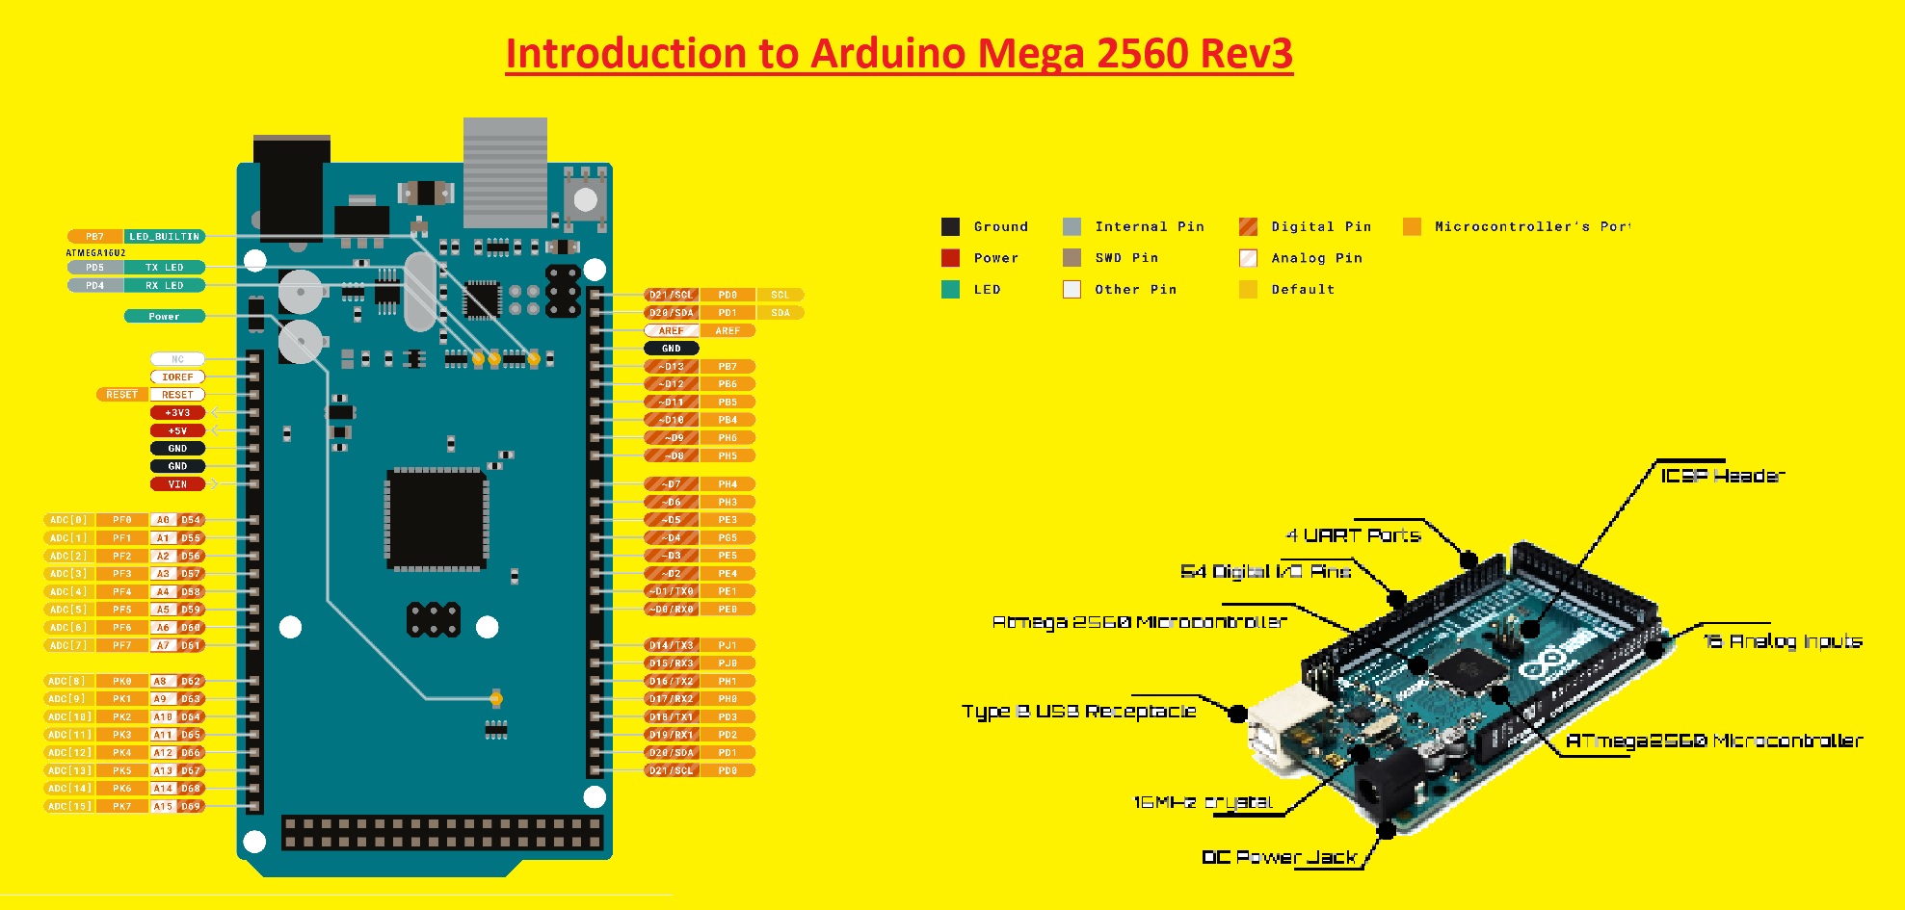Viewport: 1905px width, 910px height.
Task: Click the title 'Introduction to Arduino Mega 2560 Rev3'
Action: (x=899, y=54)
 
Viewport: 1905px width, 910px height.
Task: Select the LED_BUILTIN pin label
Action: (x=164, y=236)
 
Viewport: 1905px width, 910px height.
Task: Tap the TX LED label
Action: (x=164, y=268)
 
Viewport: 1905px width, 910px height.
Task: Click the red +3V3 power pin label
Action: (x=177, y=412)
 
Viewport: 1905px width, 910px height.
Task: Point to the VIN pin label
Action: (x=177, y=484)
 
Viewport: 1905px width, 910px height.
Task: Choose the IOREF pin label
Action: (x=177, y=377)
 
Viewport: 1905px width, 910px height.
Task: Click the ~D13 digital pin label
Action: (x=671, y=366)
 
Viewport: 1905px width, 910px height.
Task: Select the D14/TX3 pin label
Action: (x=671, y=645)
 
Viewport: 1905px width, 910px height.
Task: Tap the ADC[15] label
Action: (x=69, y=806)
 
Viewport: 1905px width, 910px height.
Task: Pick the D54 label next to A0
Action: (x=191, y=520)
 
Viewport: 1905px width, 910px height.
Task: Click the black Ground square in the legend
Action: (x=950, y=227)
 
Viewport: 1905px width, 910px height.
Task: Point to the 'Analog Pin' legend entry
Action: (x=1315, y=258)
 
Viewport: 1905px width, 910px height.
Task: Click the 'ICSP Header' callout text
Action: (x=1722, y=476)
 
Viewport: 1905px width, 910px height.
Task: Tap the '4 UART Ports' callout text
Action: (x=1353, y=535)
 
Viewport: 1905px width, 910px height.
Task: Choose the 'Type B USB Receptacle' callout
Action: (x=1078, y=712)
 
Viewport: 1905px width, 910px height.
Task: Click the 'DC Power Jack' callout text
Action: (x=1279, y=857)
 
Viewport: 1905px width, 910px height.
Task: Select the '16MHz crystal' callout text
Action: (x=1203, y=802)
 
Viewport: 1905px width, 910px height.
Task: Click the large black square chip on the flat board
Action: (x=437, y=519)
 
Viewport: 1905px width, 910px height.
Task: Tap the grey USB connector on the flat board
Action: (x=505, y=171)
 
